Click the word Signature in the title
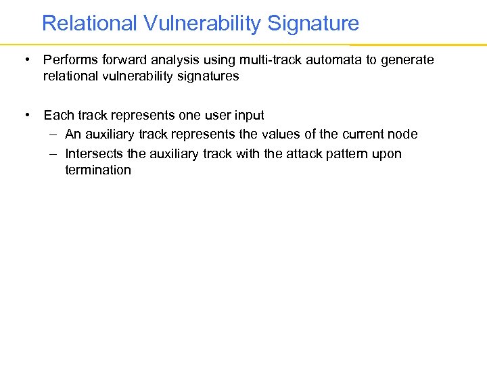(313, 24)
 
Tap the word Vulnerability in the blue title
(202, 24)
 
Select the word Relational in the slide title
(90, 24)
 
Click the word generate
(408, 60)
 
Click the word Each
(58, 116)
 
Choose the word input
(248, 116)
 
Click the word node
(402, 135)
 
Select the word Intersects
(94, 154)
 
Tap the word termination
(98, 170)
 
